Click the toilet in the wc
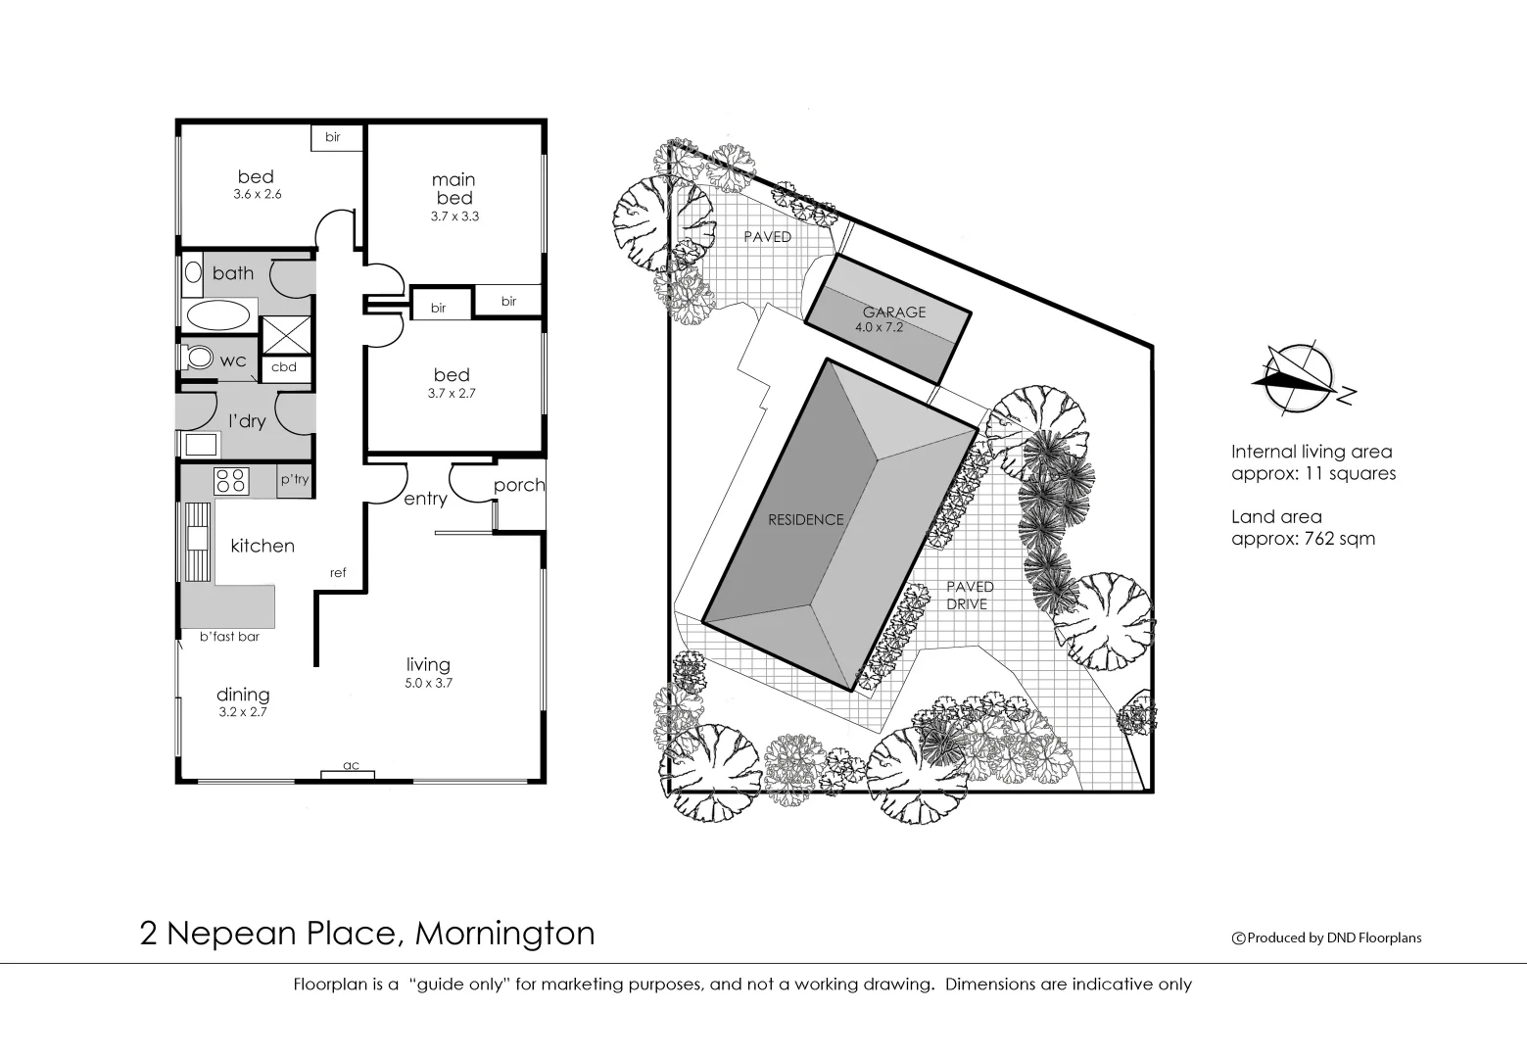click(x=200, y=358)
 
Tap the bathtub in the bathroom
click(x=217, y=315)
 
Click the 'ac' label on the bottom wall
click(x=350, y=765)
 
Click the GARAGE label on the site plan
click(x=893, y=313)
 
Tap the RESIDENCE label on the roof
click(x=805, y=520)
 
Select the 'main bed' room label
click(x=454, y=188)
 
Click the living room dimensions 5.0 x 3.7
click(x=428, y=684)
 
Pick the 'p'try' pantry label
click(x=295, y=480)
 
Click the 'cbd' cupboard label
click(x=284, y=368)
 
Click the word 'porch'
click(x=518, y=485)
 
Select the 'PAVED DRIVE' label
click(x=969, y=596)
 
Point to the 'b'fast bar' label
click(x=229, y=637)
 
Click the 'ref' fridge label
click(x=338, y=573)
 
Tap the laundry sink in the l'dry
click(x=201, y=444)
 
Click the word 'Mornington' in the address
click(x=504, y=933)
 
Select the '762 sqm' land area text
click(x=1342, y=538)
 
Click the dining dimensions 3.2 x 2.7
click(x=242, y=712)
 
